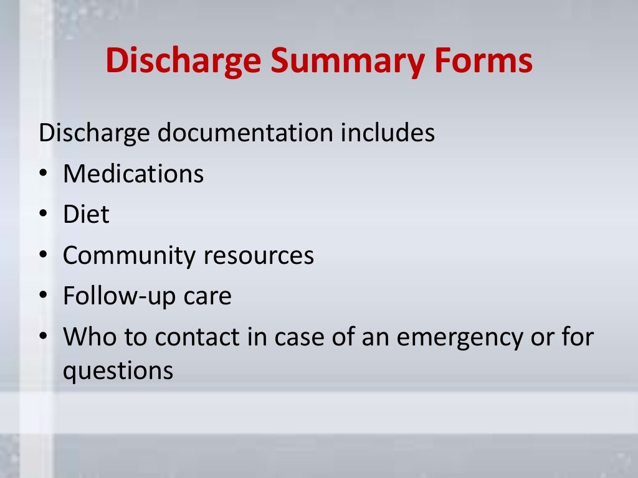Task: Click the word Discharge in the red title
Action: click(x=183, y=62)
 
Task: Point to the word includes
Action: click(x=387, y=133)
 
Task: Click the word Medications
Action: click(x=133, y=174)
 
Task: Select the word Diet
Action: click(x=86, y=215)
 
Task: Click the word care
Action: click(x=207, y=297)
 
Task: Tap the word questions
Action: click(x=118, y=372)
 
